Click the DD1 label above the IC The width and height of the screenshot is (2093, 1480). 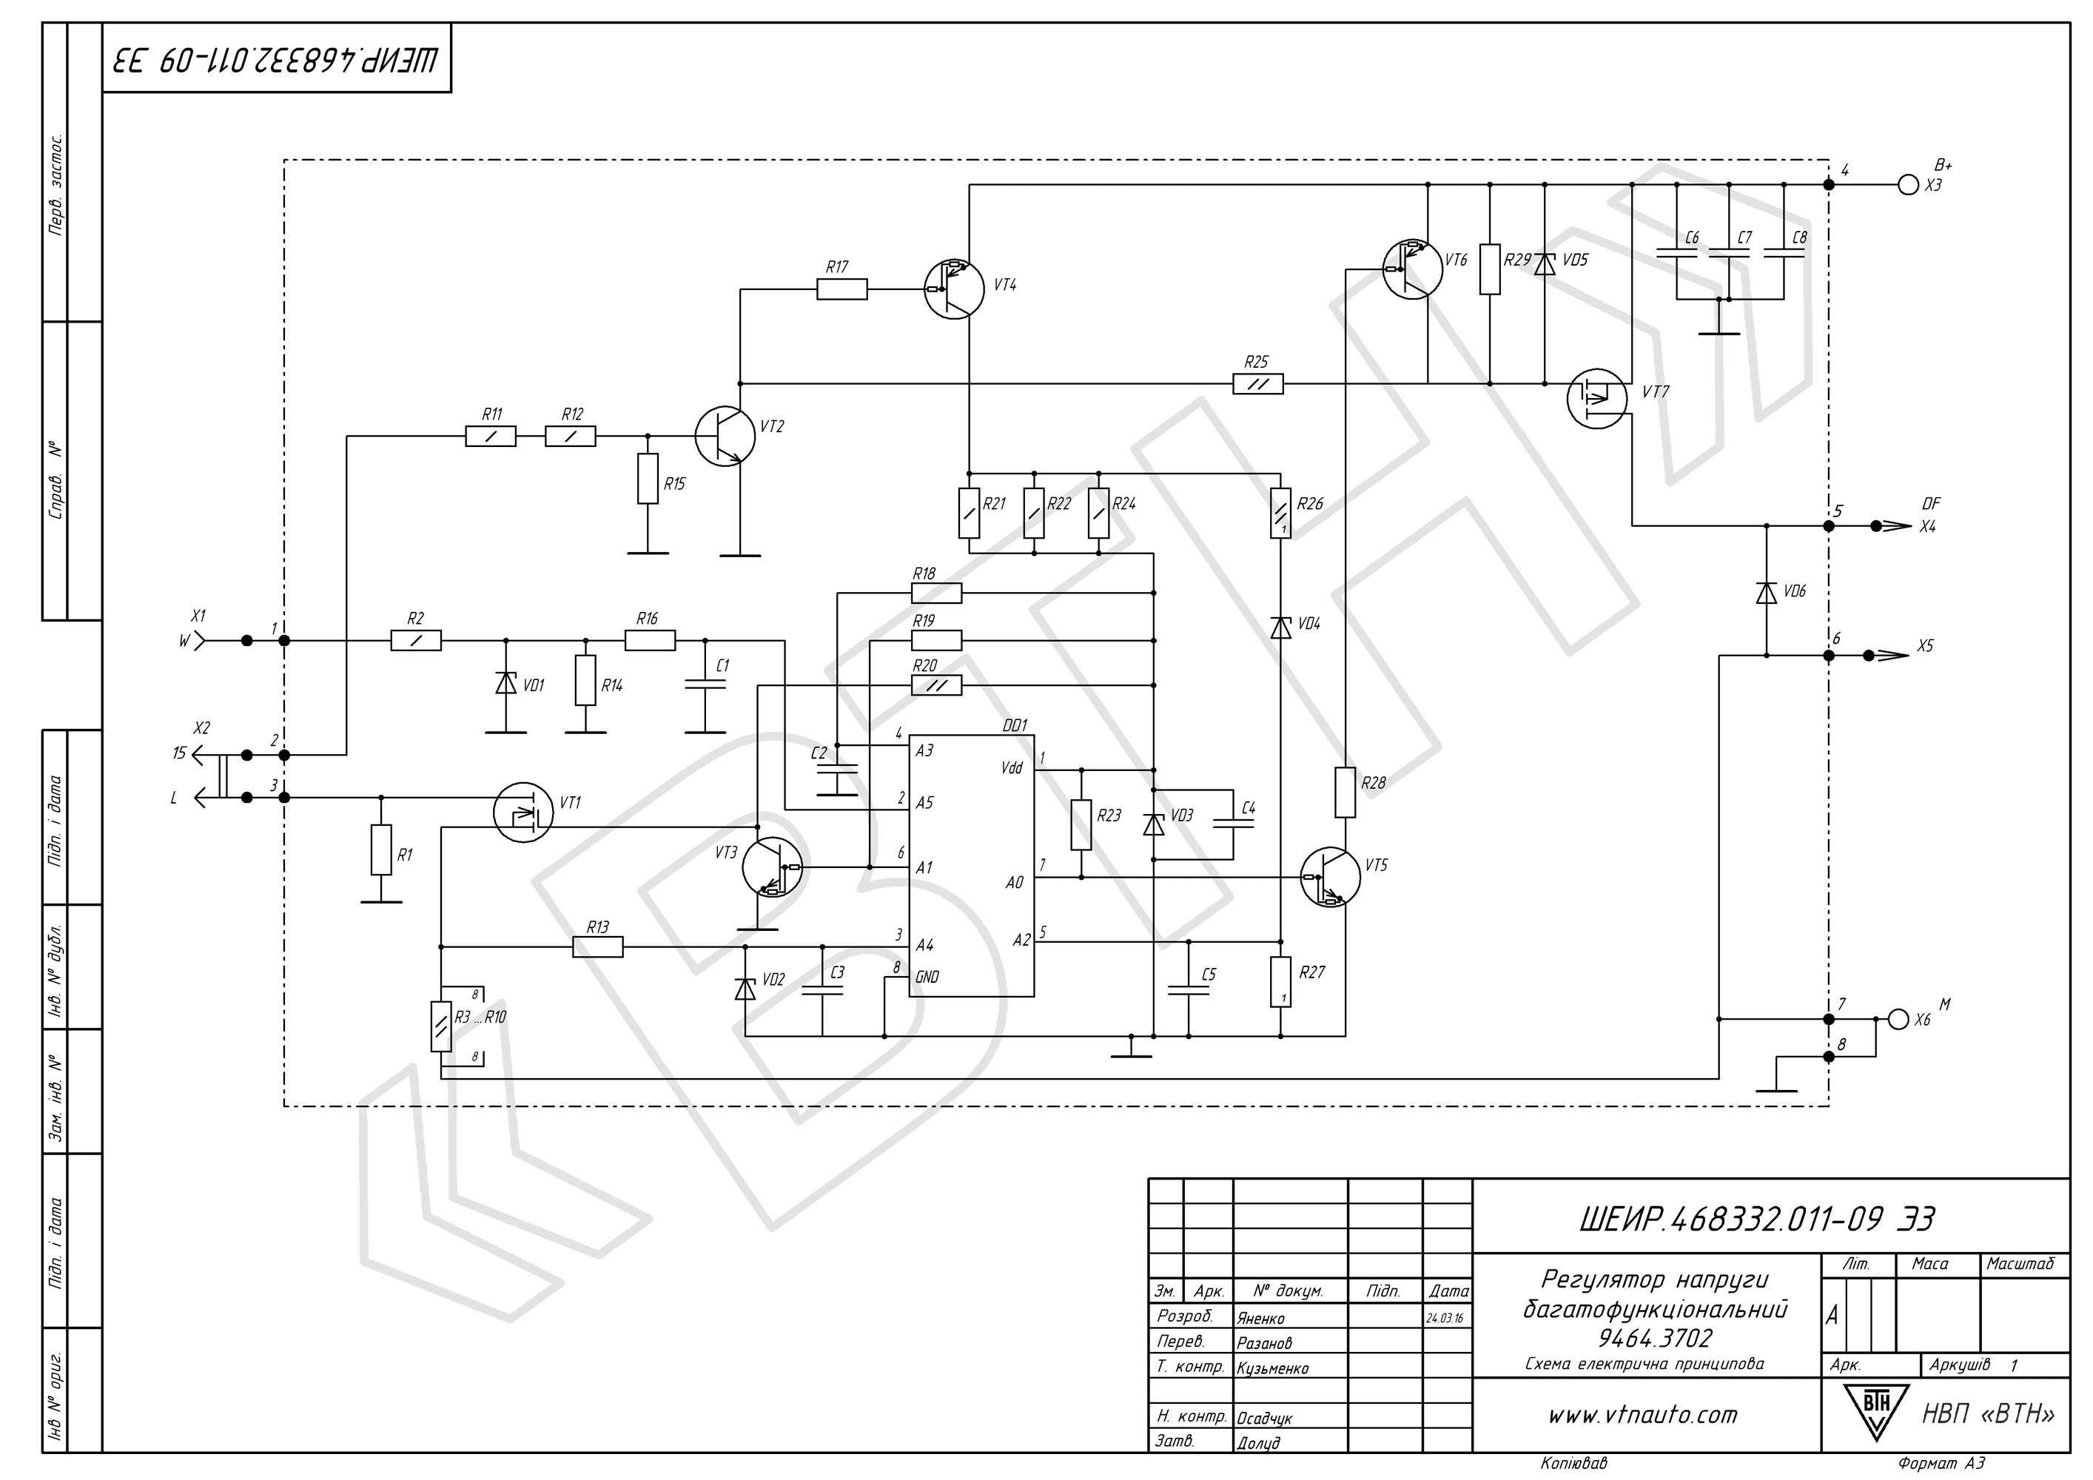click(1015, 725)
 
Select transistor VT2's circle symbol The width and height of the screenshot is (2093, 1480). click(725, 436)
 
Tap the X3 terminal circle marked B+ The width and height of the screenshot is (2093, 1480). click(1908, 185)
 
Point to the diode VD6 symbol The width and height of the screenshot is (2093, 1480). click(1767, 591)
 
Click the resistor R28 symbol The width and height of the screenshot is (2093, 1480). click(1345, 792)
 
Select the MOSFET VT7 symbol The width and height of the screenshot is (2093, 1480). click(1597, 397)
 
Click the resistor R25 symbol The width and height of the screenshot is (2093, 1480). click(1258, 383)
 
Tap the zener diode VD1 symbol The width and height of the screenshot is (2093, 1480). click(506, 682)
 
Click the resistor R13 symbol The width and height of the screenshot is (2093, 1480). click(598, 947)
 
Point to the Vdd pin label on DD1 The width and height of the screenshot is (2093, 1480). click(1011, 767)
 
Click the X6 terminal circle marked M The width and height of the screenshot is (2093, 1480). click(1898, 1019)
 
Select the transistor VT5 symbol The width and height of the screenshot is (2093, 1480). click(1330, 877)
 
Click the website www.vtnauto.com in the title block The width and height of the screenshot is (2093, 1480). click(1643, 1416)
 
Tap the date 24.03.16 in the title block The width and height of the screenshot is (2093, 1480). click(1445, 1318)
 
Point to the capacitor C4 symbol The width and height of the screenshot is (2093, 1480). click(1232, 823)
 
